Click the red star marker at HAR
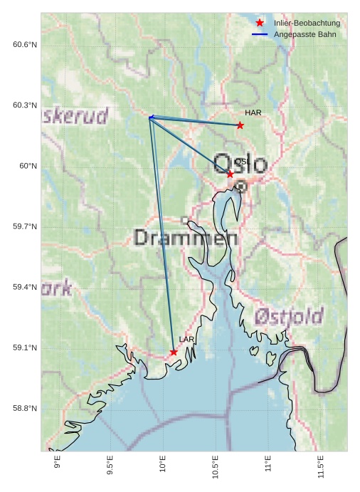240,125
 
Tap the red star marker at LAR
174,352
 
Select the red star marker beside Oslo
230,174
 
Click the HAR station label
253,112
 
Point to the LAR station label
186,339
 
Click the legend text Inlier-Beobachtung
307,23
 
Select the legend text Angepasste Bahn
305,34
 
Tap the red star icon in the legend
260,23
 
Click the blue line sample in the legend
260,34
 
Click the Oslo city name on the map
240,163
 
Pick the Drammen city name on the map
186,237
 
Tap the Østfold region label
289,315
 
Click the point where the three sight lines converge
150,117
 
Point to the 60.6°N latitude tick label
25,45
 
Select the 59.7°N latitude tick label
25,226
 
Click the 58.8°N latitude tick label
25,408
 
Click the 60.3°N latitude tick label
25,105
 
